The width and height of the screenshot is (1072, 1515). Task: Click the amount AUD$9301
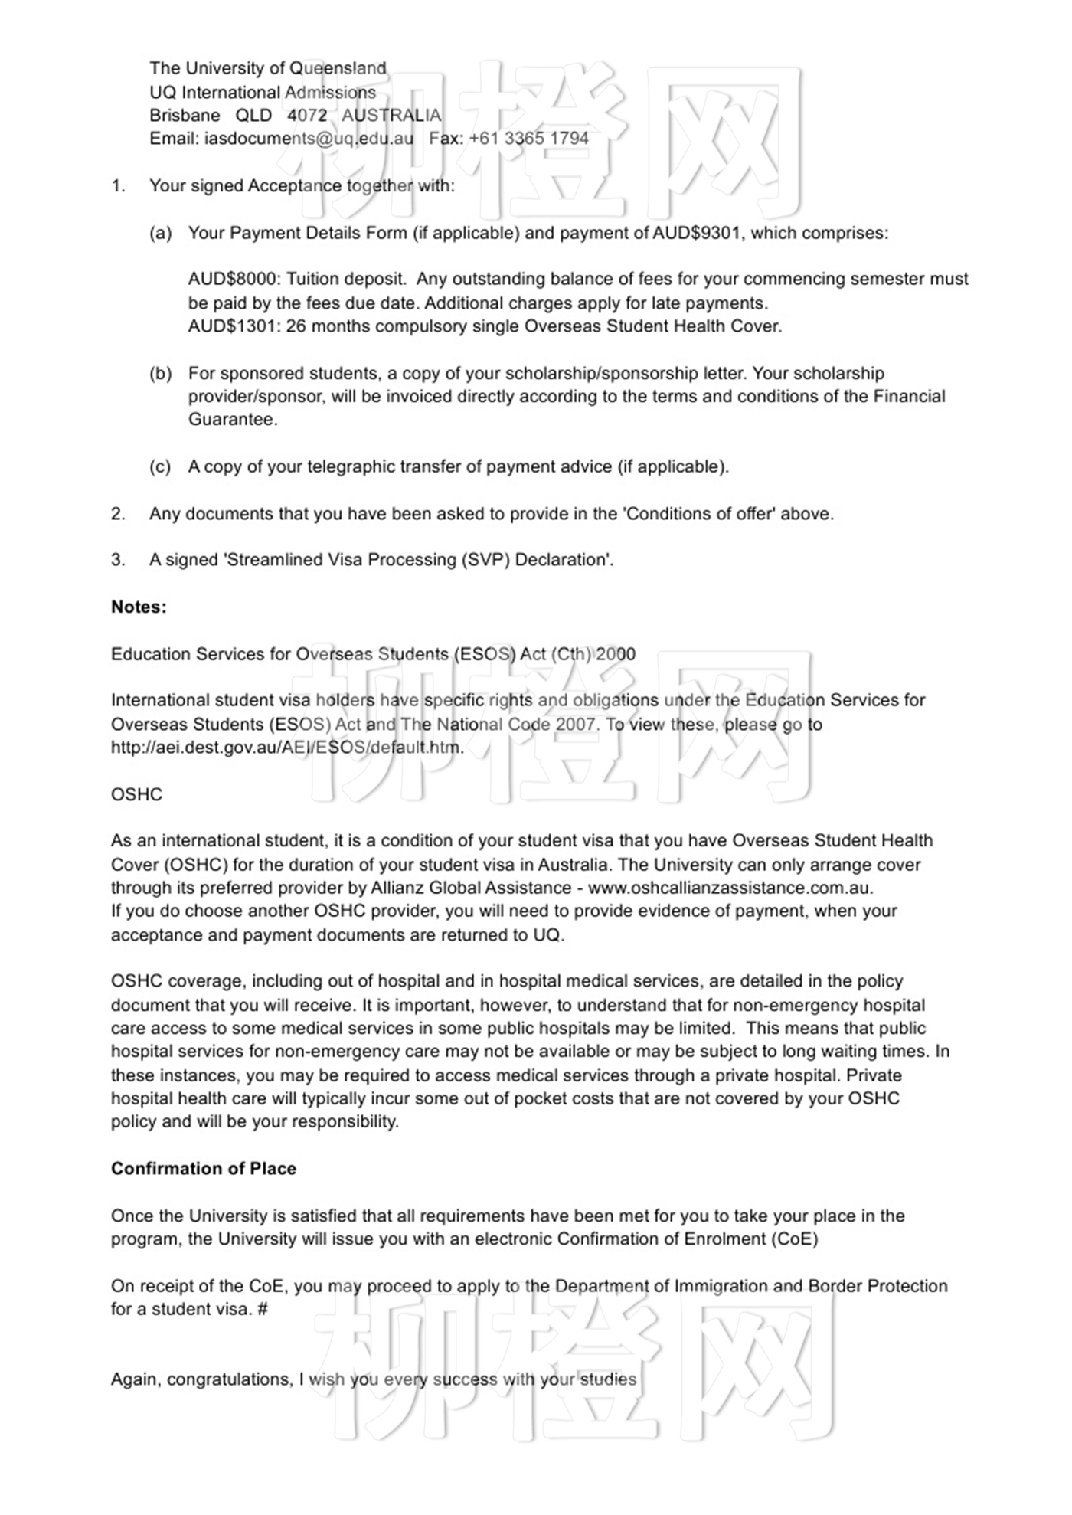pos(696,233)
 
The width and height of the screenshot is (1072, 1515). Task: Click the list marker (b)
pos(160,374)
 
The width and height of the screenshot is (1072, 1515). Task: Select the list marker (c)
pos(160,467)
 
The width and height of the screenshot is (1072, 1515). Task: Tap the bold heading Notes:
pos(139,607)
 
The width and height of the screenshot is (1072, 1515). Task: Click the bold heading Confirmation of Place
pos(204,1169)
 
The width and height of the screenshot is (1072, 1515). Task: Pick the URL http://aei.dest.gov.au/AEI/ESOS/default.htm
pos(287,748)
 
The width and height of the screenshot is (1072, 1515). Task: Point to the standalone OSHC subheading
pos(136,794)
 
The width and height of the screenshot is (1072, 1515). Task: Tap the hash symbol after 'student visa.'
pos(263,1309)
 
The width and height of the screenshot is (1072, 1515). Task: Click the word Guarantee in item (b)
pos(233,420)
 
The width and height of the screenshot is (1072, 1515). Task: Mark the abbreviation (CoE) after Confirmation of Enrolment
pos(794,1239)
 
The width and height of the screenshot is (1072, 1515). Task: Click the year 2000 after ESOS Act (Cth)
pos(615,654)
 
